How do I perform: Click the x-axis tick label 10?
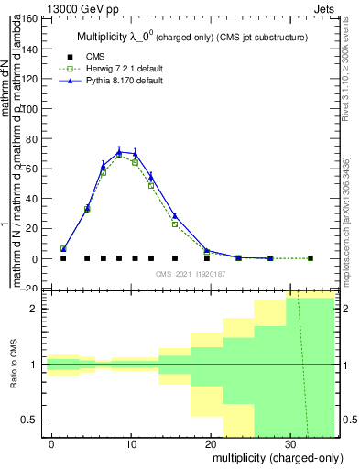(131, 443)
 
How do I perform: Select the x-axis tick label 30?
(290, 443)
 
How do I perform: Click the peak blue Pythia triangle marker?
(119, 152)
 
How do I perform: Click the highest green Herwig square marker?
(119, 156)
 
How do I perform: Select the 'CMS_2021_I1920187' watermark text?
(190, 273)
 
